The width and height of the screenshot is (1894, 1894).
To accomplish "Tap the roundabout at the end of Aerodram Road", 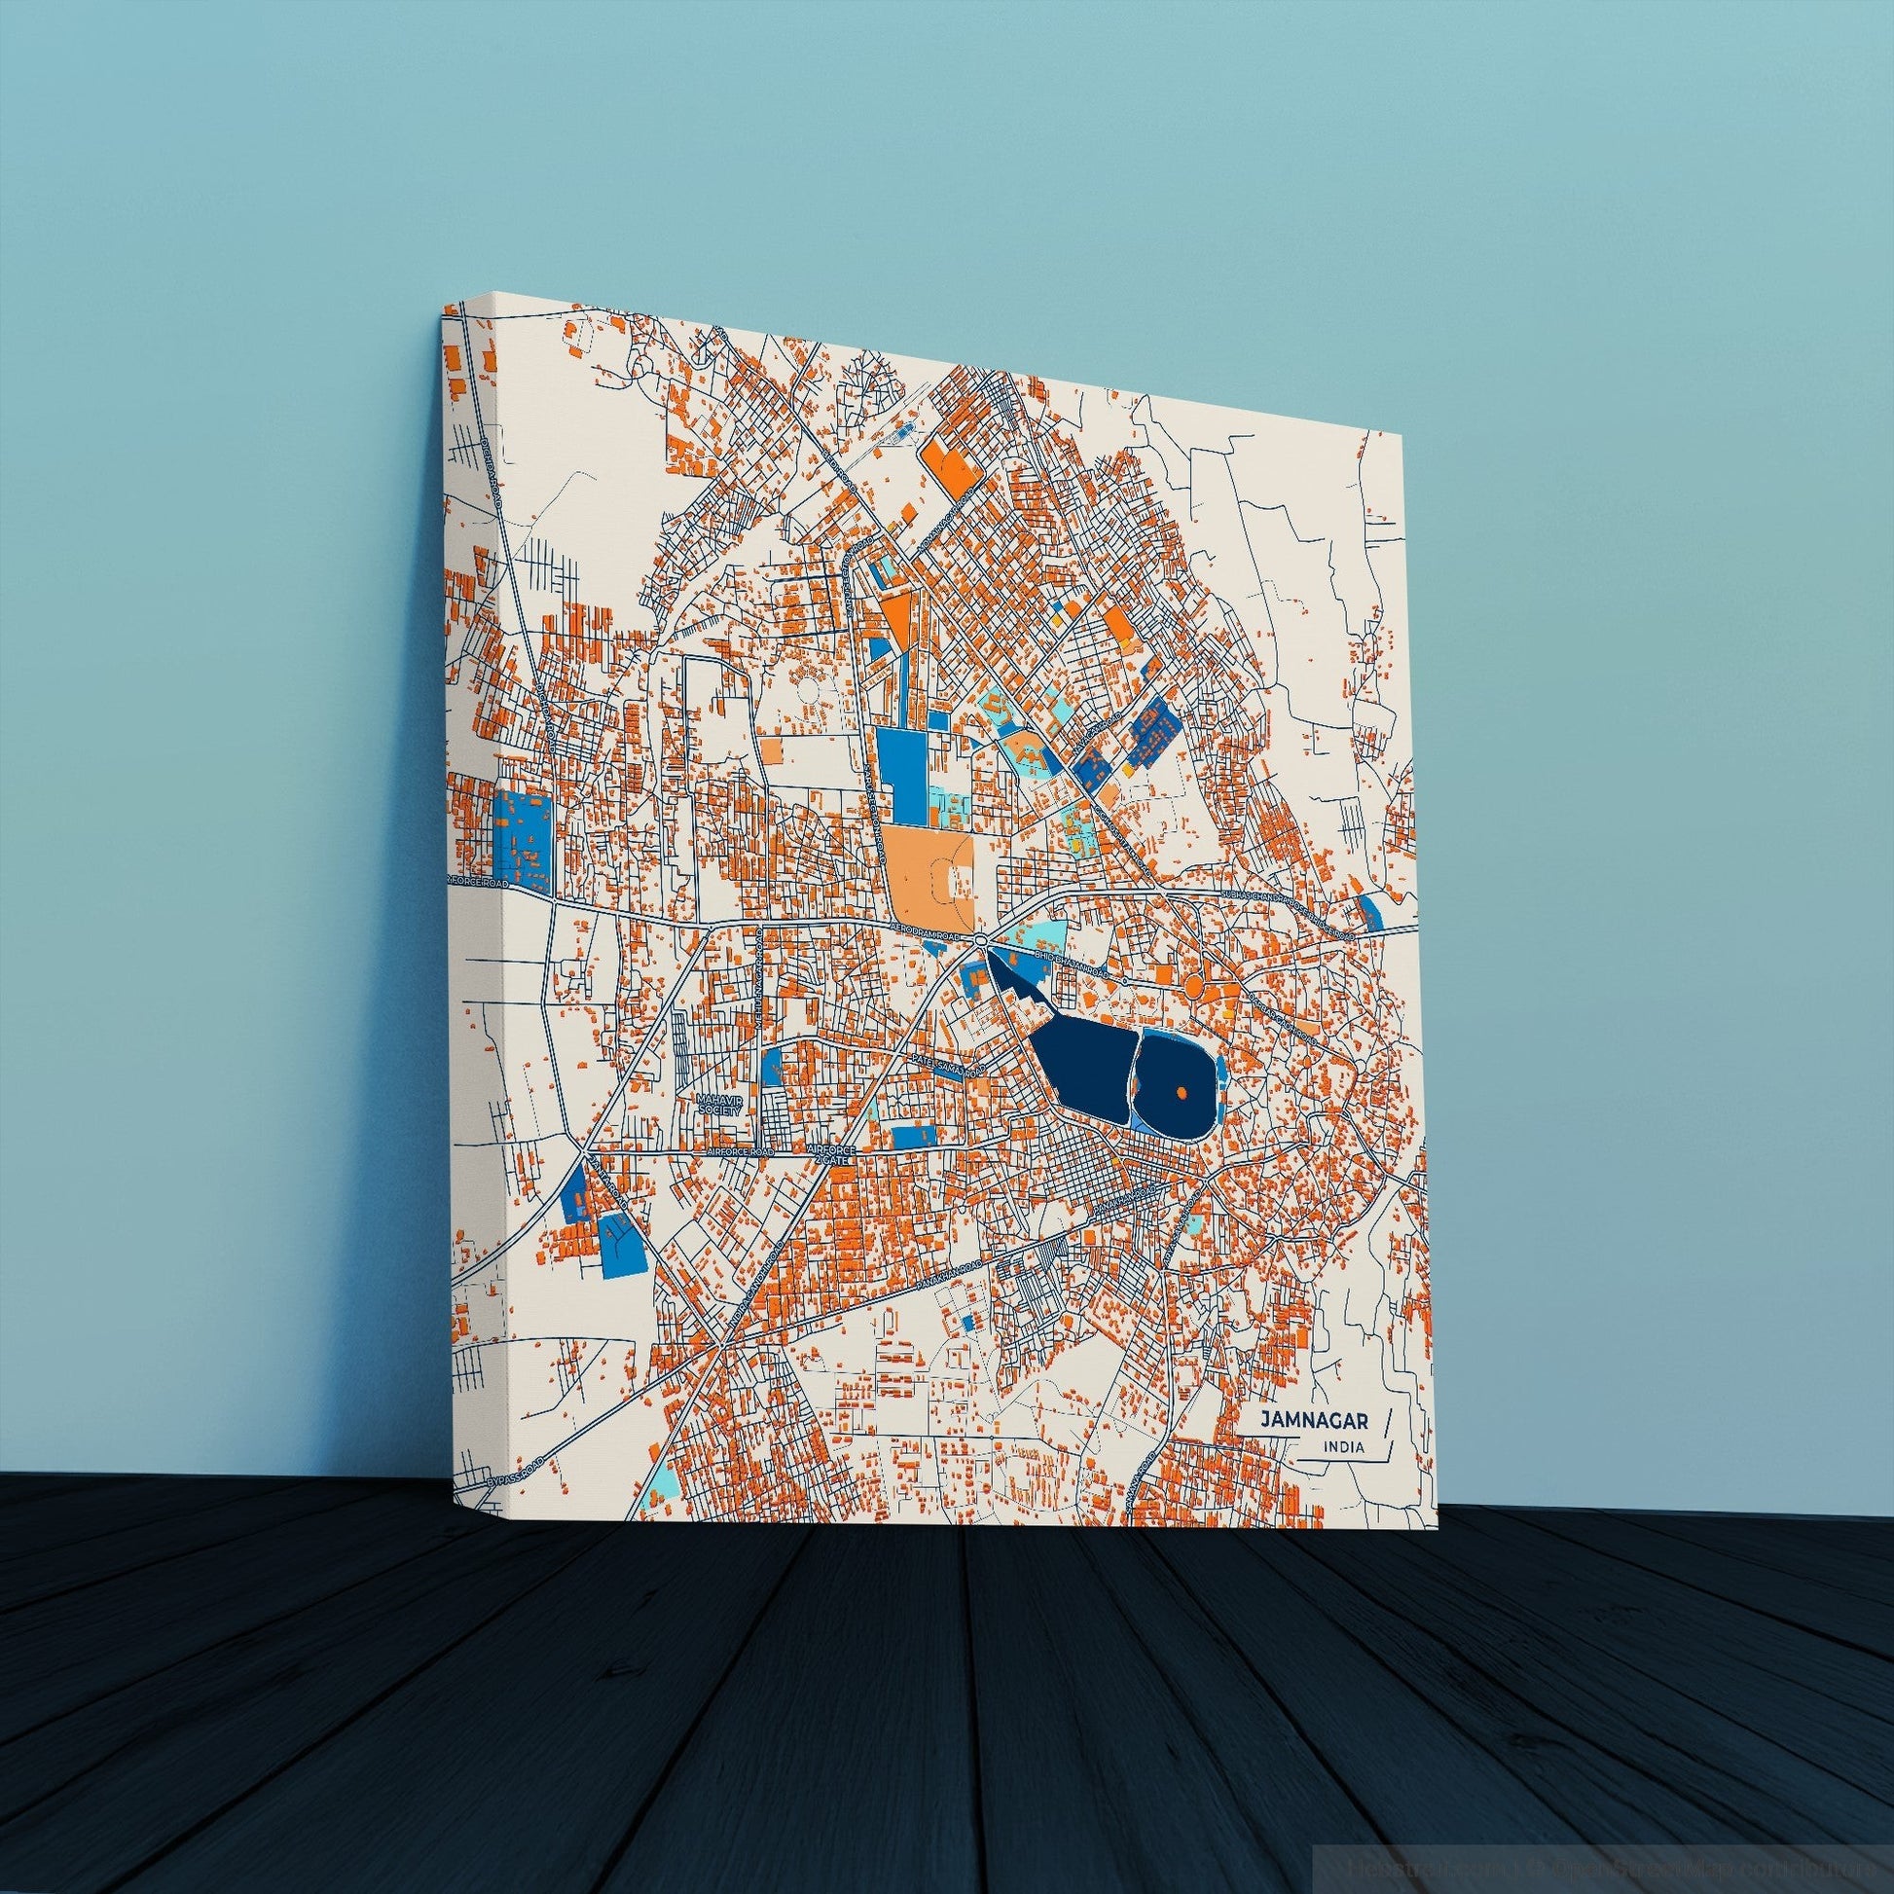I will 981,941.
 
